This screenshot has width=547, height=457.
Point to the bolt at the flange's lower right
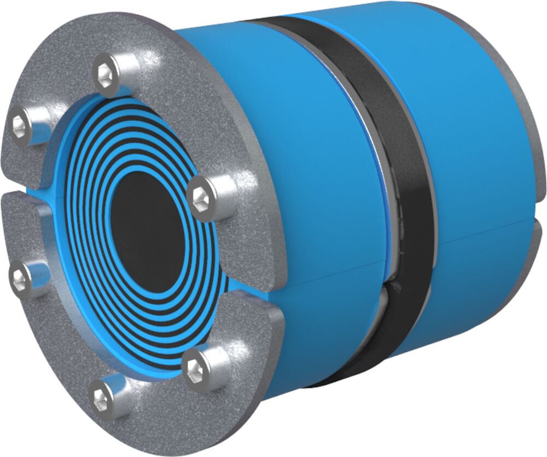[196, 368]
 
